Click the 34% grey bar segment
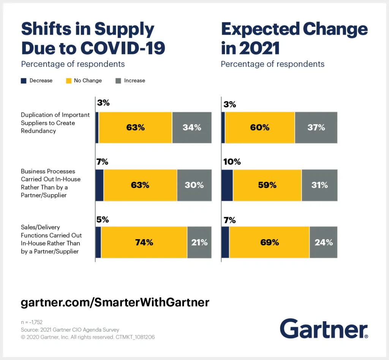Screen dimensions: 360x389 click(x=192, y=128)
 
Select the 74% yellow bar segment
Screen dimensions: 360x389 click(x=144, y=242)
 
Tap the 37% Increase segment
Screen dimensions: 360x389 click(x=316, y=128)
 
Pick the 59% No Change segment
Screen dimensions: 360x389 click(x=267, y=185)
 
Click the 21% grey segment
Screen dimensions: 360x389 click(x=199, y=242)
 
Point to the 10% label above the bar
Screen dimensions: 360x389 click(x=232, y=162)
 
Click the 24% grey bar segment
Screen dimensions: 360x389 click(x=324, y=242)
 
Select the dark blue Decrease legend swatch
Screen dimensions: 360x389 click(x=24, y=81)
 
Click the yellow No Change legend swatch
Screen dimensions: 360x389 click(x=68, y=81)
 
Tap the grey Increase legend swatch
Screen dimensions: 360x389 click(x=118, y=81)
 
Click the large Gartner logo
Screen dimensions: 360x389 click(x=324, y=329)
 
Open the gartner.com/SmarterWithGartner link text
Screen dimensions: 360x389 click(x=115, y=303)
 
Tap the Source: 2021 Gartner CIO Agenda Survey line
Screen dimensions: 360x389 click(x=70, y=330)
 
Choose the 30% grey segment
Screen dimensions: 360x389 click(x=194, y=185)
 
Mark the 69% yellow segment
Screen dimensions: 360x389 click(x=269, y=242)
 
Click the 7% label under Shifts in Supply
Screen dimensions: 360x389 click(x=103, y=162)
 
